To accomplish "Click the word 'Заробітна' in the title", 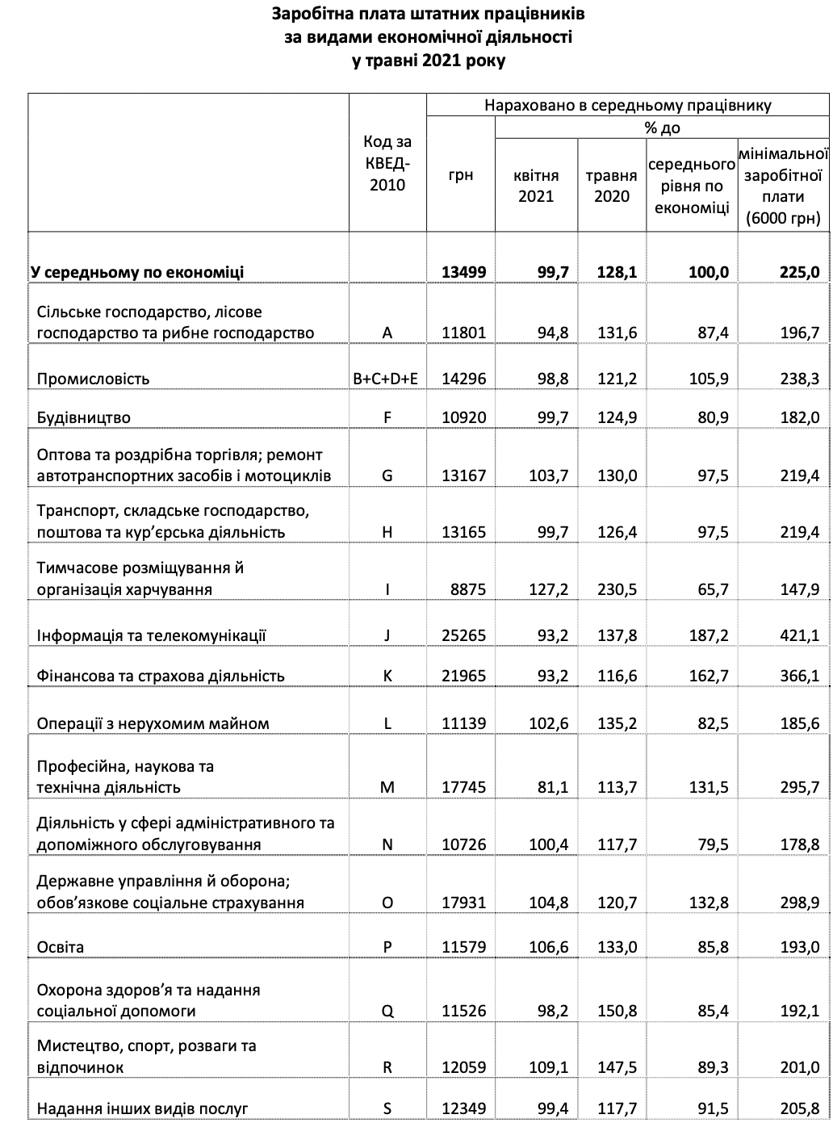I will pos(310,14).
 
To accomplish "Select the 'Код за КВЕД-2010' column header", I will pos(387,163).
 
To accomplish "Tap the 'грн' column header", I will pos(460,174).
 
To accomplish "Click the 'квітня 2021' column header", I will pos(536,185).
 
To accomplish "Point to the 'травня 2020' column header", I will pos(612,185).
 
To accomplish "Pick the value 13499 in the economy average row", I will pos(464,272).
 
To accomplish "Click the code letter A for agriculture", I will pos(387,333).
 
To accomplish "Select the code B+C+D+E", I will pos(387,379).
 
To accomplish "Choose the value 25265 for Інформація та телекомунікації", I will pos(464,635).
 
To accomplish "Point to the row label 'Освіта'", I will pos(61,946).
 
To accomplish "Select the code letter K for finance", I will pos(387,676).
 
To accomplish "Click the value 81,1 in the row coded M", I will pos(553,787).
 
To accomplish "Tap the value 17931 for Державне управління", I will pos(464,903).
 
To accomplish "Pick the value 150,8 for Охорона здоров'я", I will pos(617,1011).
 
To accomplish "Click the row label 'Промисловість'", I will pos(94,379).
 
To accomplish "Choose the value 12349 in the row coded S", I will pos(464,1108).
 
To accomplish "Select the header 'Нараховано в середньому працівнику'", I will pos(628,105).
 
